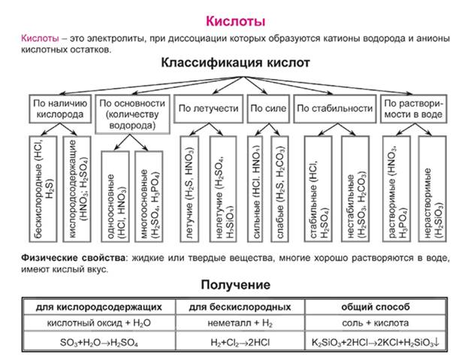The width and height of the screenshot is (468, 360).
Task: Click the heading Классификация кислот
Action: [x=235, y=64]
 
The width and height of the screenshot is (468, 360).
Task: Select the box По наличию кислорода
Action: [x=61, y=108]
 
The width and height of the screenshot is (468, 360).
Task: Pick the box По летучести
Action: [x=209, y=108]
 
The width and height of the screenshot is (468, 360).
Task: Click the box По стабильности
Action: [x=335, y=108]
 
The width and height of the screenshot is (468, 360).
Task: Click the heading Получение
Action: [x=235, y=285]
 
